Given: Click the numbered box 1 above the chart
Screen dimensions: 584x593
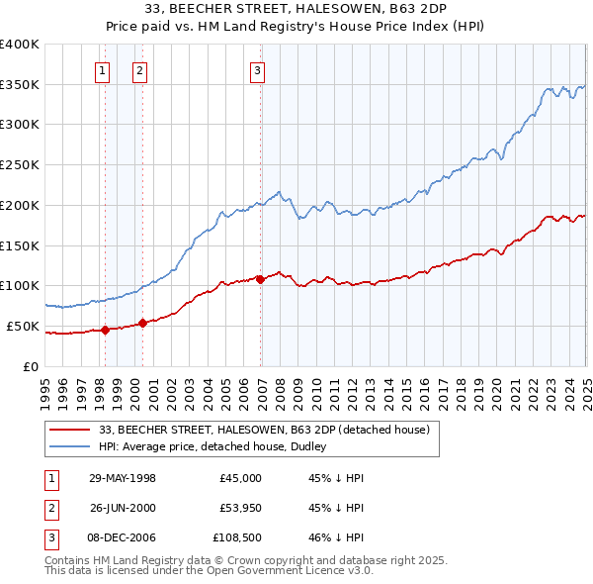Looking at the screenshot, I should (104, 70).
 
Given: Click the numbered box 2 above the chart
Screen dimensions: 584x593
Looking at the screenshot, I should (140, 70).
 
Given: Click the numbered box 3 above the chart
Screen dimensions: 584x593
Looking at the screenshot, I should (257, 70).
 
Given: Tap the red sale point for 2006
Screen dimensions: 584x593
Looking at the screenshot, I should (260, 279).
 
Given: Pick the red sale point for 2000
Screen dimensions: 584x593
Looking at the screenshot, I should (143, 323).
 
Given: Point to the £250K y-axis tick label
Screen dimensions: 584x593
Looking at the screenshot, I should (19, 164).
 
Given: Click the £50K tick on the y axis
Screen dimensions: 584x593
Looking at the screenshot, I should (22, 326).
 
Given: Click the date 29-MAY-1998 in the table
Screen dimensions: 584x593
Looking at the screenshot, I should (123, 478).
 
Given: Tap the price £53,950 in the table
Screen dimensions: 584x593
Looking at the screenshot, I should (241, 508).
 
